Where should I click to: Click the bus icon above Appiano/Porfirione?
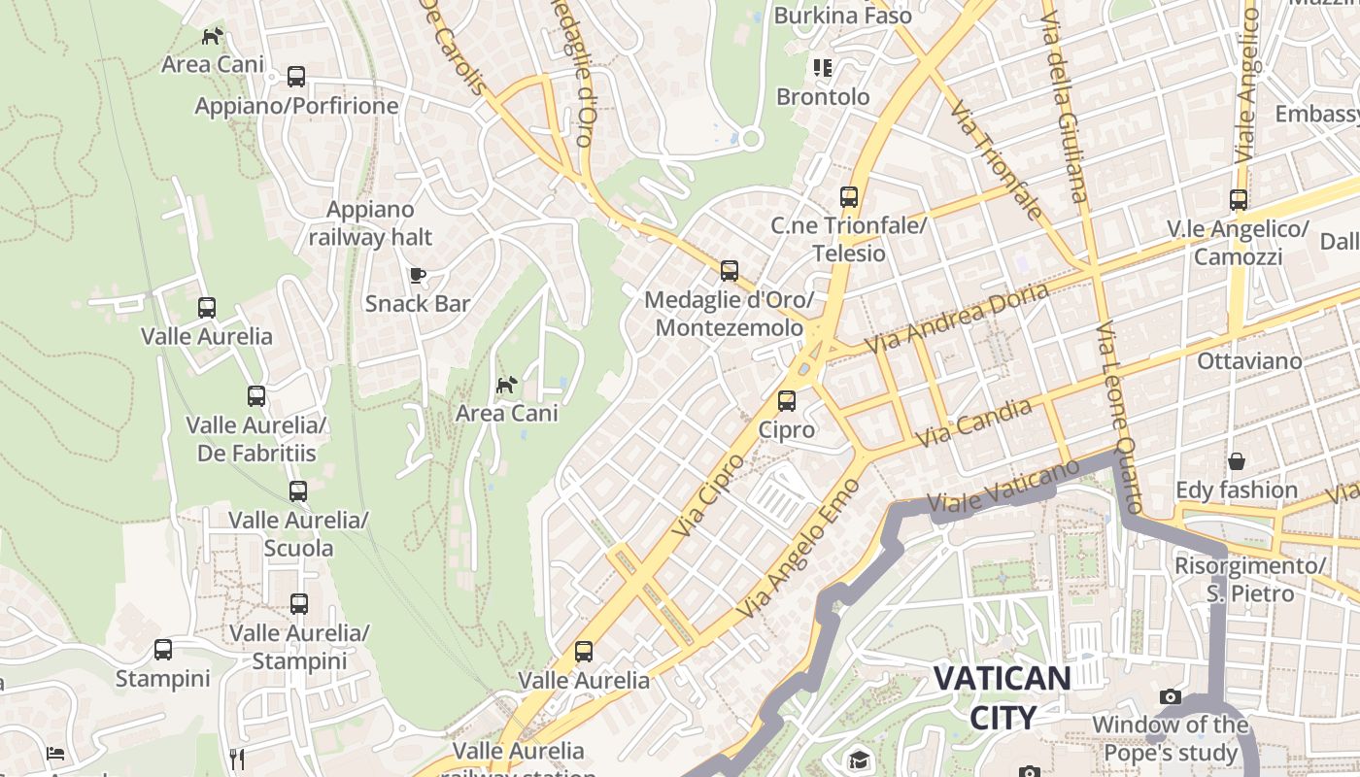[x=296, y=77]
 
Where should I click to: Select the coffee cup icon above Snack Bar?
[x=418, y=275]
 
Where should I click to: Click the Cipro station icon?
[x=787, y=400]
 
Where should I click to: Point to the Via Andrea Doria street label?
[x=957, y=319]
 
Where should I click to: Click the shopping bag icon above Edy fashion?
[x=1237, y=460]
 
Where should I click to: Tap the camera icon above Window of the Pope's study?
[x=1171, y=696]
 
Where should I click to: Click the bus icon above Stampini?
[x=163, y=649]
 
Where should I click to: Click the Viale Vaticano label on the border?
[x=1003, y=486]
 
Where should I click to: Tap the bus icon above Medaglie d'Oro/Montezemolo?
[x=730, y=271]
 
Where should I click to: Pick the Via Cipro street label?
[x=709, y=495]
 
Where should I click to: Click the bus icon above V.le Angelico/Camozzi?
[x=1239, y=200]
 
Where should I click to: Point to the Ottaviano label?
[x=1249, y=361]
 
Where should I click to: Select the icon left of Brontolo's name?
[x=823, y=68]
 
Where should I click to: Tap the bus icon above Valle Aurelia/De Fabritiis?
[x=256, y=396]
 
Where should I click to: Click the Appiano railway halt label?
[x=370, y=223]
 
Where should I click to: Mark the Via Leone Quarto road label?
[x=1120, y=420]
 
